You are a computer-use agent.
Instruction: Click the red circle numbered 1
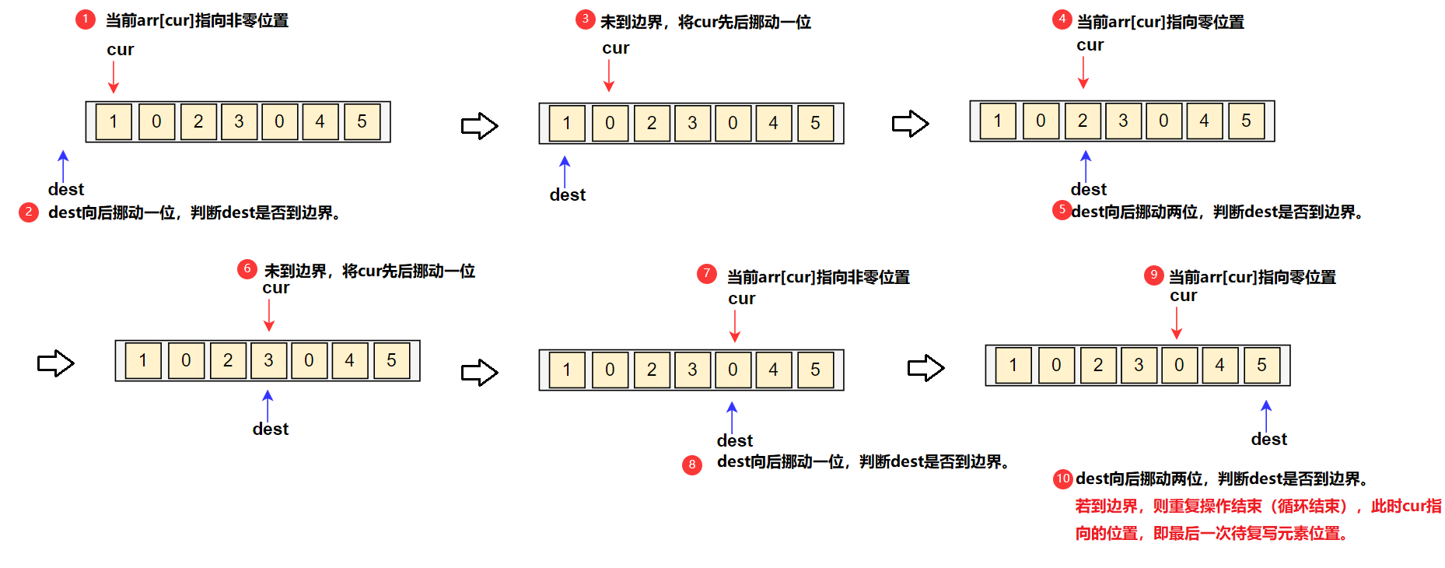tap(85, 19)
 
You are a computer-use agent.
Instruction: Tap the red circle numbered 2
tap(29, 212)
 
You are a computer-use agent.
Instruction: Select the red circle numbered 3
tap(585, 19)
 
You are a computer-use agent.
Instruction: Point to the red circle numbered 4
tap(1062, 19)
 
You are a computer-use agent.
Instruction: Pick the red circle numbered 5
tap(1062, 210)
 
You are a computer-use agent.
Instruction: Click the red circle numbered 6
tap(247, 269)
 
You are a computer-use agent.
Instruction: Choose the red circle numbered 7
tap(706, 274)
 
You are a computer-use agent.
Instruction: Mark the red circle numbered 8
tap(691, 465)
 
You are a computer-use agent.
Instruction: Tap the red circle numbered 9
tap(1153, 275)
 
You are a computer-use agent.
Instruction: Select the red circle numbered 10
tap(1063, 479)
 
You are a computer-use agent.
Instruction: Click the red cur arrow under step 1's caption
tap(114, 76)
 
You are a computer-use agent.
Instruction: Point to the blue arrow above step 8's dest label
tap(732, 417)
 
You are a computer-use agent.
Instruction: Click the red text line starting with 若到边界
tap(1258, 507)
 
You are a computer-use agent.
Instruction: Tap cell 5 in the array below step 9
tap(1261, 365)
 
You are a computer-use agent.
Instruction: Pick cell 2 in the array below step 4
tap(1082, 121)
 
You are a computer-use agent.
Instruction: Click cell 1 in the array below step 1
tap(114, 121)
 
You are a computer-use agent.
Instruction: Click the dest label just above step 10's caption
tap(1268, 440)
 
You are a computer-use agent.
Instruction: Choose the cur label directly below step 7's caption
tap(741, 299)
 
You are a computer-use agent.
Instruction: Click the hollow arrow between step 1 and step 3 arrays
tap(479, 126)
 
